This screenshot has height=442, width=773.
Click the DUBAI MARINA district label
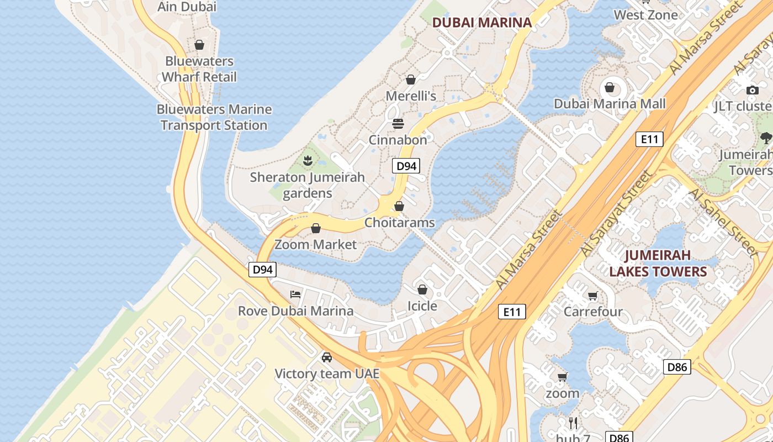tap(481, 23)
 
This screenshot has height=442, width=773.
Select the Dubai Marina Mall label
tap(610, 104)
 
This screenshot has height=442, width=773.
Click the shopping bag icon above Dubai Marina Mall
tap(610, 87)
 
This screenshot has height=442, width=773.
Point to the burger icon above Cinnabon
tap(398, 124)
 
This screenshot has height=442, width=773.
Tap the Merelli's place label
tap(411, 96)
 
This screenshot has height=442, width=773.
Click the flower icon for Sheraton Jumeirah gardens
tap(308, 161)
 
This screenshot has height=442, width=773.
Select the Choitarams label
tap(399, 223)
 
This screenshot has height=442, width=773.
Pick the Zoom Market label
tap(316, 244)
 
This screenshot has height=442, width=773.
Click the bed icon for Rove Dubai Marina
tap(296, 294)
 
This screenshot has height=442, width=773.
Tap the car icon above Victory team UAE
tap(327, 357)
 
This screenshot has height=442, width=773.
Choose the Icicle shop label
tap(422, 306)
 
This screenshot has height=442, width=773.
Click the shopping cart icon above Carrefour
tap(593, 296)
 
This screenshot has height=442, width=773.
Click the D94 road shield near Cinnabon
tap(406, 166)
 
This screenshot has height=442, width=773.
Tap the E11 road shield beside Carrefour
tap(512, 312)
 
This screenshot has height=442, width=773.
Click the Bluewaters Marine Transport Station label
tap(214, 117)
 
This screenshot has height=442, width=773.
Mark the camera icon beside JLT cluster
tap(752, 90)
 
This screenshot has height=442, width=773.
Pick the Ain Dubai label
tap(187, 7)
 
